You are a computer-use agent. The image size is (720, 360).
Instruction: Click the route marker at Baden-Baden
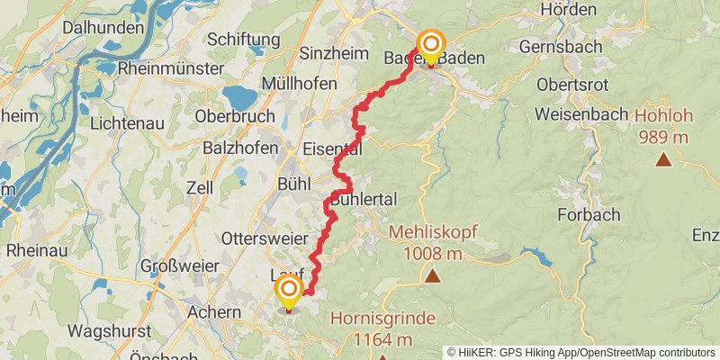[x=431, y=45]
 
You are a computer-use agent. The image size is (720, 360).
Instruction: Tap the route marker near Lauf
[x=289, y=292]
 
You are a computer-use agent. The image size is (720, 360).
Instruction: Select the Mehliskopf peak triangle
[x=433, y=276]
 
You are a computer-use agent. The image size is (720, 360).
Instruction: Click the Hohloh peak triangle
[x=663, y=160]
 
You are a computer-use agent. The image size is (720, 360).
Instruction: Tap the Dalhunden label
[x=103, y=28]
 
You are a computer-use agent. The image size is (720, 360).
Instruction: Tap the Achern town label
[x=214, y=312]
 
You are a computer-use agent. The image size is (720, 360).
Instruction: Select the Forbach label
[x=589, y=214]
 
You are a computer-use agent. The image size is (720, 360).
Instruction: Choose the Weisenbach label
[x=585, y=114]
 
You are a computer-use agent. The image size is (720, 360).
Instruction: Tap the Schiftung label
[x=246, y=39]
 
